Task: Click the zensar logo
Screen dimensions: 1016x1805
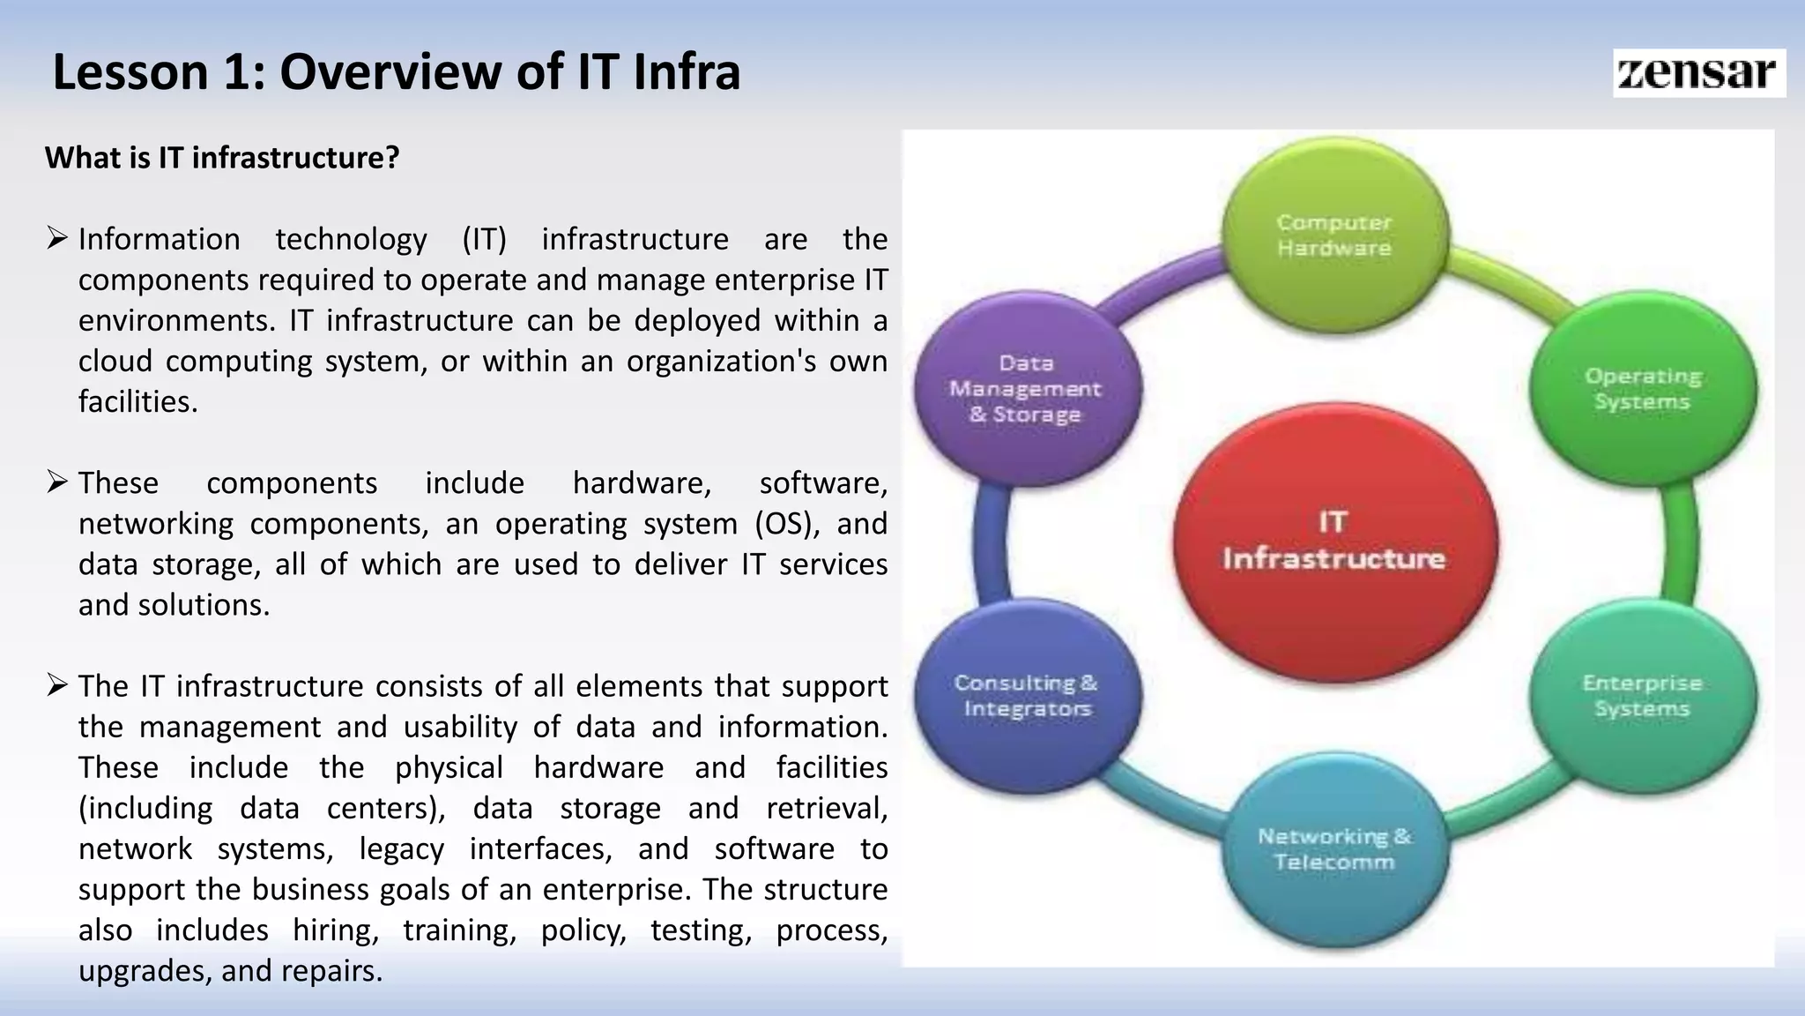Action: (1697, 72)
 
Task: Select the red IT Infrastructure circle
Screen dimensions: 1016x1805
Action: (1334, 542)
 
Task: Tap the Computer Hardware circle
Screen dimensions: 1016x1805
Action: (1334, 235)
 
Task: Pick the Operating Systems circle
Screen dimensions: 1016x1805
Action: (1642, 389)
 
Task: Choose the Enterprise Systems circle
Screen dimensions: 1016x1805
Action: (1642, 696)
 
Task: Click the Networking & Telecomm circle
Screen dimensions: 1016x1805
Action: (1334, 848)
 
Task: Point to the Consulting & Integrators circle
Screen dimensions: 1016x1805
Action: (1027, 696)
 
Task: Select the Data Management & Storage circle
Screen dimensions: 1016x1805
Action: (1027, 389)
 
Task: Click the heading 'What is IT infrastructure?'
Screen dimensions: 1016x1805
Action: (222, 158)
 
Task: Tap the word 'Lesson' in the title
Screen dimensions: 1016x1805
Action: (129, 72)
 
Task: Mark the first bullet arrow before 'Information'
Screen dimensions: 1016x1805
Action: (57, 238)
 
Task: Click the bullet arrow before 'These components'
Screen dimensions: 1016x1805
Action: (57, 482)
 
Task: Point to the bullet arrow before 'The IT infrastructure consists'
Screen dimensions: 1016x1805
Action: (57, 685)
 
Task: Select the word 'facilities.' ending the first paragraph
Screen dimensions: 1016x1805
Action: (138, 402)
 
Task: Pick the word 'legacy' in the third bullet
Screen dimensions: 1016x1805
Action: (401, 849)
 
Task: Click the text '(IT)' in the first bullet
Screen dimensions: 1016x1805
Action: (484, 240)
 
